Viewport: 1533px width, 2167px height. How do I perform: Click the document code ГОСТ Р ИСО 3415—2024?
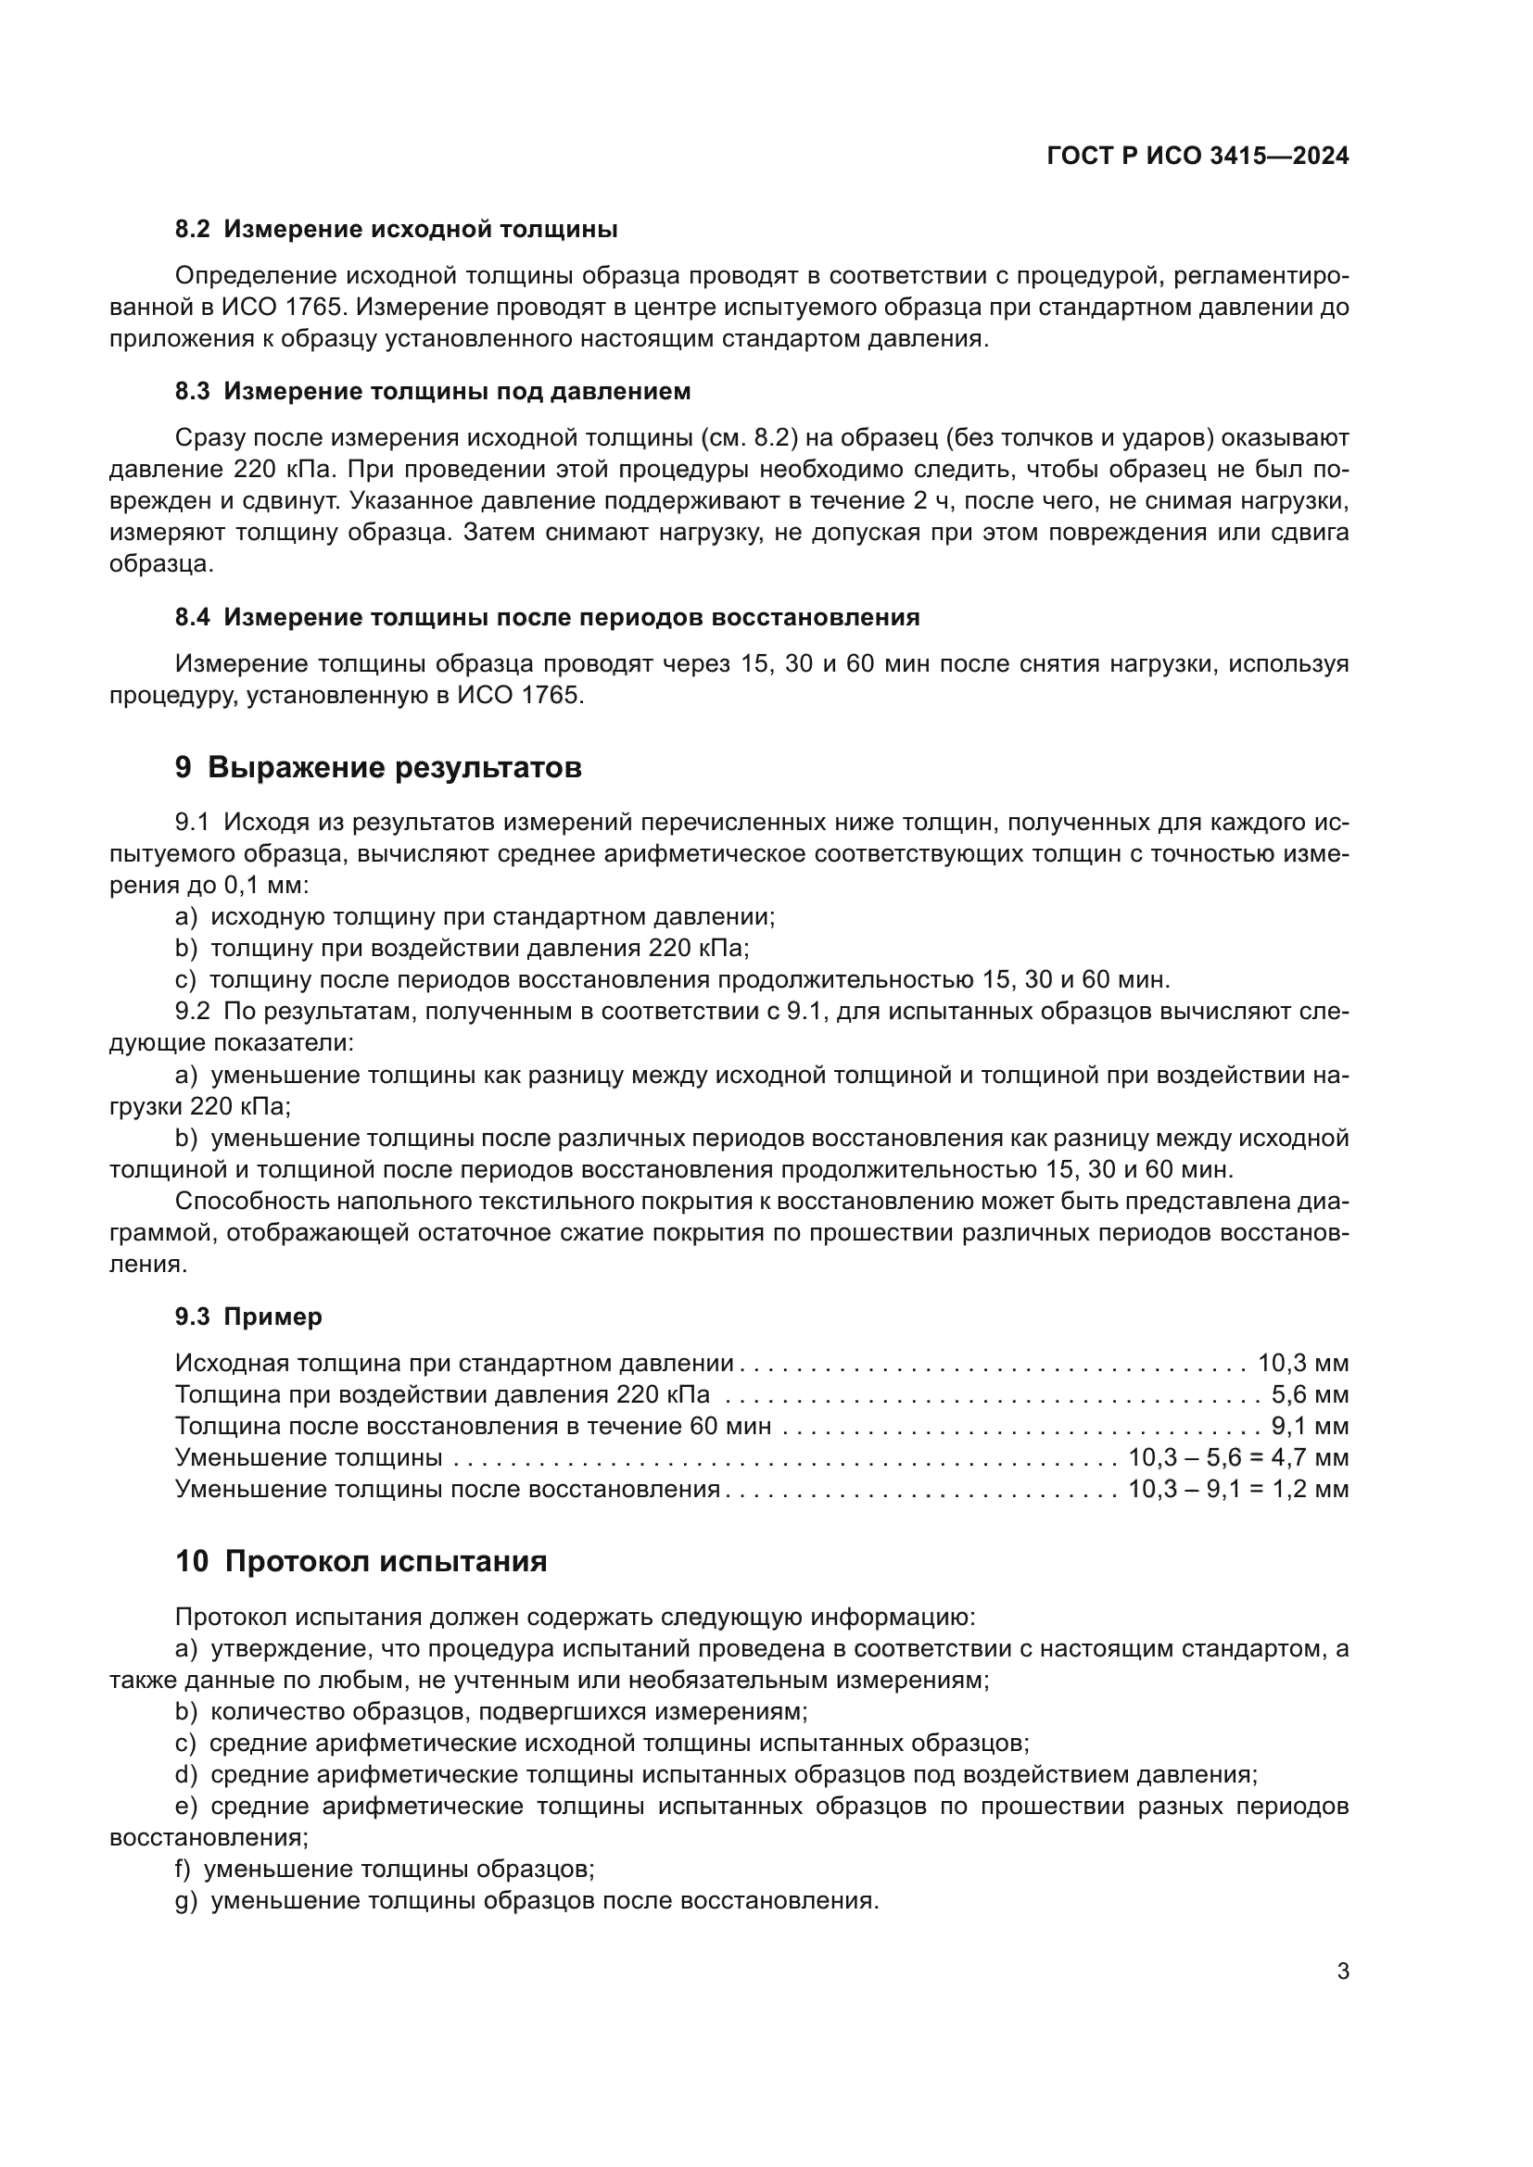tap(1197, 157)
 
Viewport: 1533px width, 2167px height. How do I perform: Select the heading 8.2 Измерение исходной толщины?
tap(397, 230)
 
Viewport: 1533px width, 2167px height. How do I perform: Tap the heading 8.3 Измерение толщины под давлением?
tap(432, 391)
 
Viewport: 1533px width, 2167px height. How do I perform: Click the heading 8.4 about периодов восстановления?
tap(547, 617)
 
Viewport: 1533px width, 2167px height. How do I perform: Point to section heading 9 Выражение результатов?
tap(377, 767)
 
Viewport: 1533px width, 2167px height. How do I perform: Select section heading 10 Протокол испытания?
tap(361, 1561)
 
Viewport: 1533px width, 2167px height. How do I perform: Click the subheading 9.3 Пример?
tap(248, 1317)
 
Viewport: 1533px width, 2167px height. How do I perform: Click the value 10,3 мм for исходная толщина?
tap(1302, 1363)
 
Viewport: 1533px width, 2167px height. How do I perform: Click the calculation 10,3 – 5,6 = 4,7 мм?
tap(1237, 1457)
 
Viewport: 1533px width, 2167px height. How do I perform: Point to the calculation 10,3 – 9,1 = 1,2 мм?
tap(1237, 1489)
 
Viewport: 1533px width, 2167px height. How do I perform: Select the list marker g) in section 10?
tap(186, 1901)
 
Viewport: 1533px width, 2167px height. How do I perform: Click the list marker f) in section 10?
tap(184, 1869)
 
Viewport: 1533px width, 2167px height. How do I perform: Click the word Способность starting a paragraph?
tap(253, 1202)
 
